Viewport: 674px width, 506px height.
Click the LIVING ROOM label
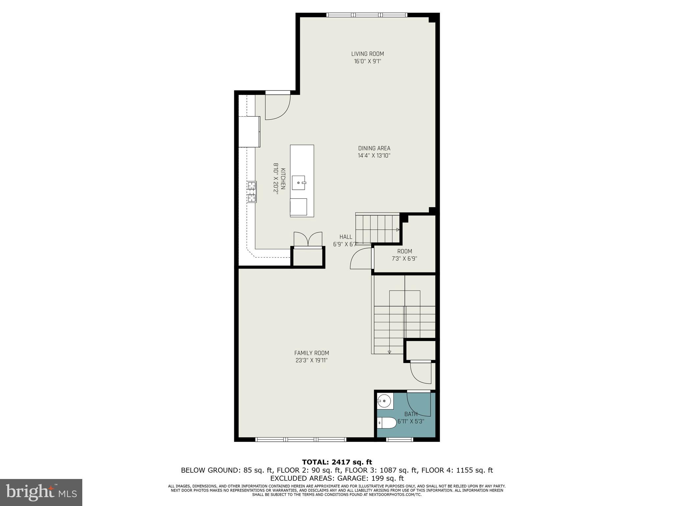click(367, 54)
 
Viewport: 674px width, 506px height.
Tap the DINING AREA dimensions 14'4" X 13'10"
click(374, 156)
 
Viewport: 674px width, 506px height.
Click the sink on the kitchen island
click(299, 183)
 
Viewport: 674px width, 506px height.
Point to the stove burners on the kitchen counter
click(251, 192)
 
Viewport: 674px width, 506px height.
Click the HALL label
click(346, 237)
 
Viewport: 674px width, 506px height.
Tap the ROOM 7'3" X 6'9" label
click(404, 255)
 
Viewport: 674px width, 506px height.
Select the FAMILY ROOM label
click(311, 353)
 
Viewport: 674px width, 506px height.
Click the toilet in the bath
click(386, 423)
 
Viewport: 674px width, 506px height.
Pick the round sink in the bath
click(385, 401)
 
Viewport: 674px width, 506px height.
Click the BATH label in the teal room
click(411, 414)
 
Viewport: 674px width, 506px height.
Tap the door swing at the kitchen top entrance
click(277, 106)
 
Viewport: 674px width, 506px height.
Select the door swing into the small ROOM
click(361, 259)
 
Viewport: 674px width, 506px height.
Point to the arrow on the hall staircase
click(398, 230)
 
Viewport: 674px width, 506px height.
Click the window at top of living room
click(367, 15)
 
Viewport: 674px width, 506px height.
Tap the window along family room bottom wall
click(301, 439)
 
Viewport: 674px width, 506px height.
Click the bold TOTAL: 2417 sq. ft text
click(337, 462)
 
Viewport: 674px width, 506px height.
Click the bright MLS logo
click(41, 492)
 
